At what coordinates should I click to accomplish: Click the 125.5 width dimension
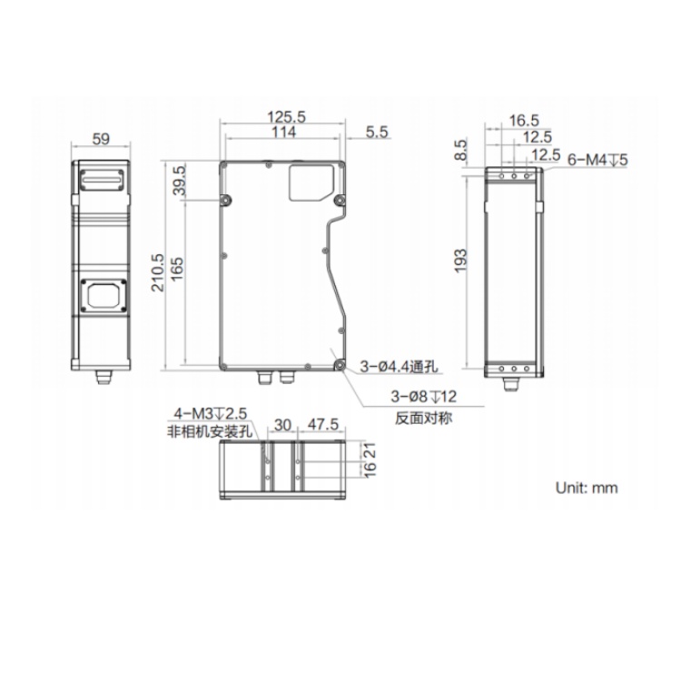tap(286, 117)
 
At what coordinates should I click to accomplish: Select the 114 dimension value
tap(283, 132)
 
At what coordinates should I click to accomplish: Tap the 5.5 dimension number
tap(377, 132)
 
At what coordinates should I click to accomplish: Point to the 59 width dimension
tap(101, 139)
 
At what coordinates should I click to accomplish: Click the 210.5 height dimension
tap(157, 272)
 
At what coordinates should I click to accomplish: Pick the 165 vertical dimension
tap(177, 270)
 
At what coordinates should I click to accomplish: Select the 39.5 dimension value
tap(179, 181)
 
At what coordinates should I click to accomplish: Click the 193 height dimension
tap(460, 261)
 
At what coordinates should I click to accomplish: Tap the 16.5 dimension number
tap(524, 120)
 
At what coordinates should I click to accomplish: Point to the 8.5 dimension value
tap(461, 150)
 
